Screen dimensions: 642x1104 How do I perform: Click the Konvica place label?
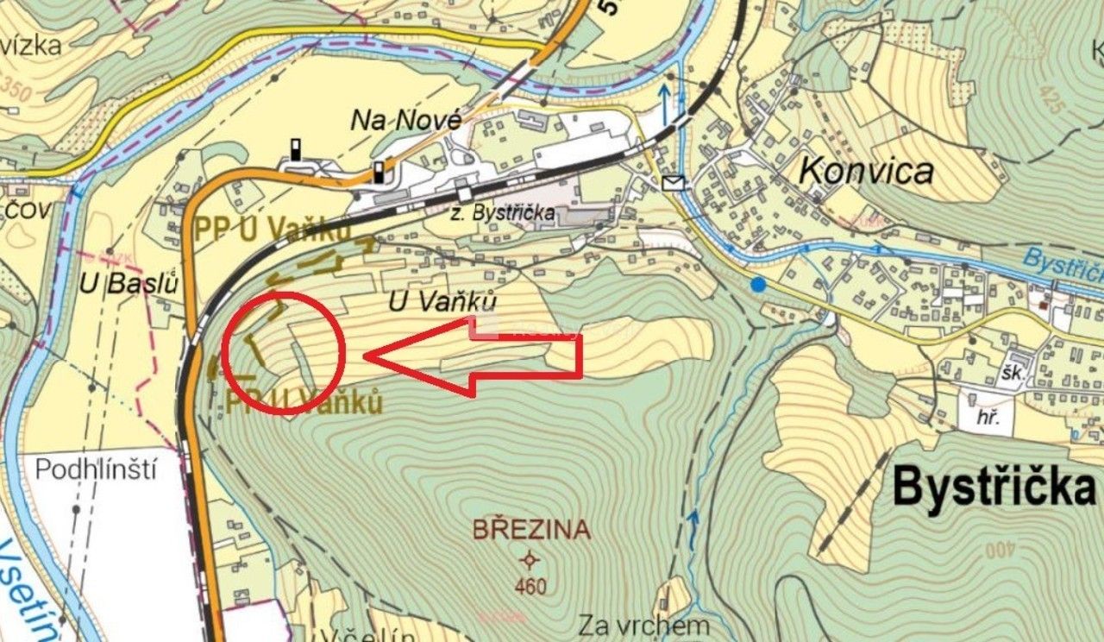[x=865, y=171]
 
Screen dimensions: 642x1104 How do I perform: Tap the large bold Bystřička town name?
[x=994, y=487]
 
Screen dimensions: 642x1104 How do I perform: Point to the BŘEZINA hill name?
[x=531, y=529]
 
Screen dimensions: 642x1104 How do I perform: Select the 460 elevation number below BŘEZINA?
[x=530, y=587]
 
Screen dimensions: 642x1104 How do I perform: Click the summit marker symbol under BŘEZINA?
[x=530, y=560]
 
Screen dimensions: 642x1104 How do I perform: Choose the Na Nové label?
[x=405, y=122]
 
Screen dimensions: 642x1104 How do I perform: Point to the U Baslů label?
[x=129, y=282]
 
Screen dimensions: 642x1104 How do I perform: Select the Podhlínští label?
[x=97, y=469]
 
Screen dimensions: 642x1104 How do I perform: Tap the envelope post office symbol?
[x=674, y=182]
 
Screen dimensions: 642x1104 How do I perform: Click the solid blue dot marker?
[x=758, y=284]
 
